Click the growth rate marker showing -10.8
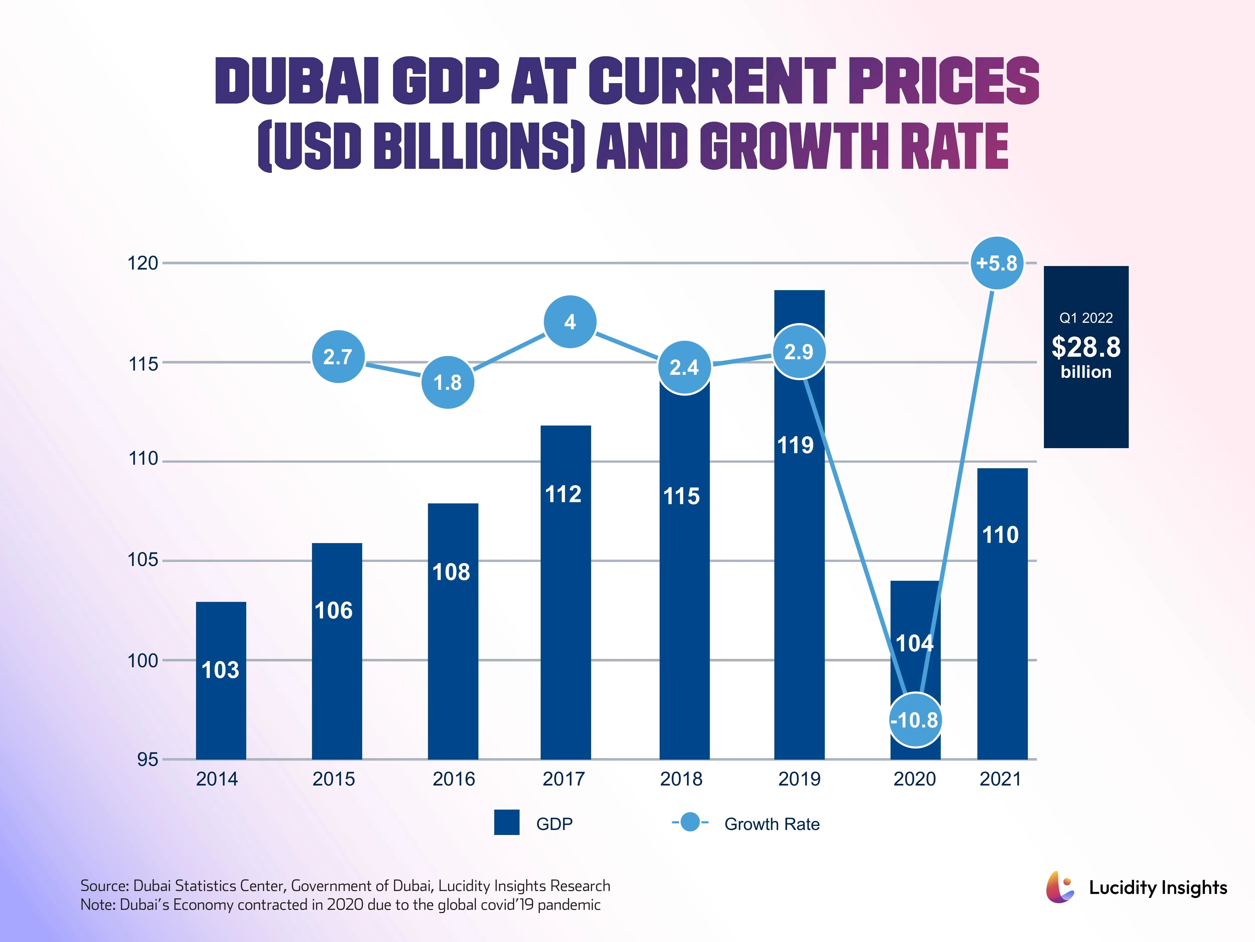(x=915, y=720)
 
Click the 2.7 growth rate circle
(x=338, y=357)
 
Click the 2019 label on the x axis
(x=799, y=778)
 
